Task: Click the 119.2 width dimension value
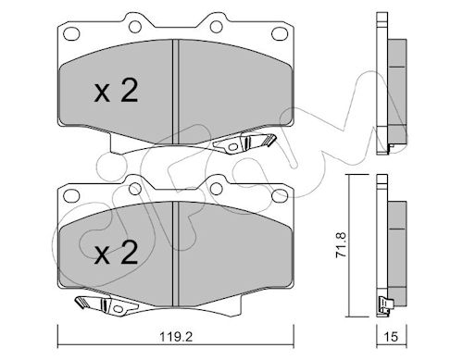click(x=176, y=337)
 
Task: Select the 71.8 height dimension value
click(x=342, y=245)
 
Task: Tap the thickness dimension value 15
click(x=392, y=337)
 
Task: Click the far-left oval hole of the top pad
click(x=71, y=32)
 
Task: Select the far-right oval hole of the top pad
click(x=280, y=33)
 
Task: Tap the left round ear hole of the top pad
click(x=135, y=27)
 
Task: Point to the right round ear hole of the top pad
click(x=217, y=27)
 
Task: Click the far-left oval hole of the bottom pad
click(x=71, y=195)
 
